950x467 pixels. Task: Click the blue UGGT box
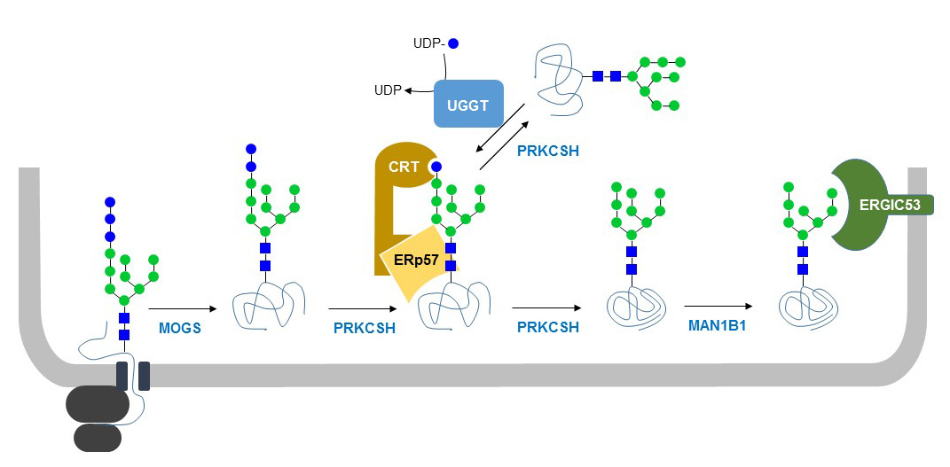tap(468, 104)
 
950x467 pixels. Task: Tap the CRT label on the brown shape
tap(404, 167)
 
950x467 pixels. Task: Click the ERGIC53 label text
tap(890, 205)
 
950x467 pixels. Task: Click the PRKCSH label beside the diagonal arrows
tap(548, 151)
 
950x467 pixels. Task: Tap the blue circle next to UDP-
tap(453, 43)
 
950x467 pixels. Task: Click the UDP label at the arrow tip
tap(387, 90)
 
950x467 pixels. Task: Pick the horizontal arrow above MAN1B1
tap(717, 308)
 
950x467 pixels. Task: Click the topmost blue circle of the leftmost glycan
tap(110, 202)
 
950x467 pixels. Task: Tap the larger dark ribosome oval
tap(98, 404)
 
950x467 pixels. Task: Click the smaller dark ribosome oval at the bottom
tap(98, 436)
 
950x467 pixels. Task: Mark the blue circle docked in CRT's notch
tap(436, 166)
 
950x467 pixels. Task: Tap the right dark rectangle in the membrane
tap(144, 376)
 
